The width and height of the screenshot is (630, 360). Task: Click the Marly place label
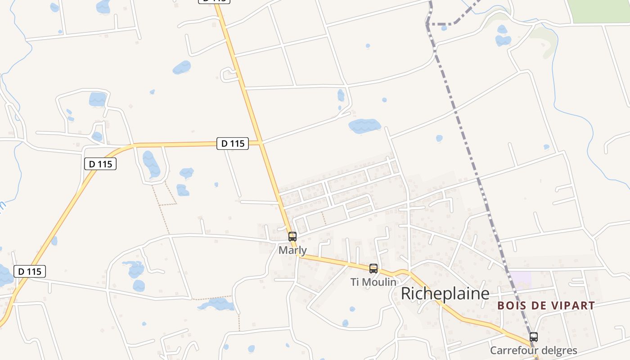click(x=292, y=250)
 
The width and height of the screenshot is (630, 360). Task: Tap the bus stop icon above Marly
click(x=292, y=237)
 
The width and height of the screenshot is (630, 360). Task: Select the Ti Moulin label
click(x=373, y=282)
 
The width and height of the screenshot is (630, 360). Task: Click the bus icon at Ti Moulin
click(x=373, y=269)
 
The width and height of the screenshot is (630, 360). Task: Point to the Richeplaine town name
click(x=445, y=293)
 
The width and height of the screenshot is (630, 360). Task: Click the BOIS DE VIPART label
click(x=546, y=306)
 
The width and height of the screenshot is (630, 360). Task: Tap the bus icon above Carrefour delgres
click(x=533, y=337)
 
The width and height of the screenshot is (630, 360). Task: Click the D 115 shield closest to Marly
click(x=233, y=144)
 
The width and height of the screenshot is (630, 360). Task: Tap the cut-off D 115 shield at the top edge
click(x=214, y=1)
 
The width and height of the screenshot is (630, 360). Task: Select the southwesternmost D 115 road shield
click(x=30, y=271)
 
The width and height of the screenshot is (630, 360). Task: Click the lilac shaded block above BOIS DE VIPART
click(x=521, y=279)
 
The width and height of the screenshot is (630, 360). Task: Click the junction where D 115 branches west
click(x=260, y=143)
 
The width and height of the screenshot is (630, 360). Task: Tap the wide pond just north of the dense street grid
click(x=364, y=126)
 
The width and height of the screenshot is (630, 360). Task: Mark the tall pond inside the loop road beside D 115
click(x=151, y=164)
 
